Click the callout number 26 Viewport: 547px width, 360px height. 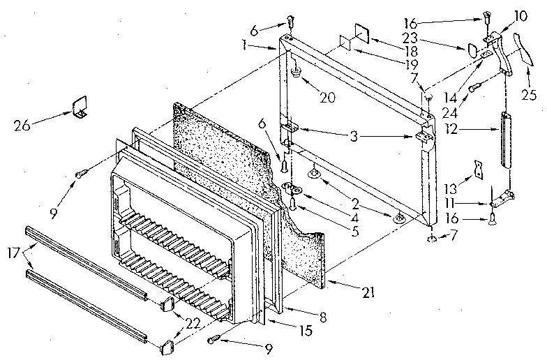[x=22, y=126]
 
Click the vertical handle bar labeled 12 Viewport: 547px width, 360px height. [x=504, y=140]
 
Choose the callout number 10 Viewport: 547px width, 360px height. [x=522, y=15]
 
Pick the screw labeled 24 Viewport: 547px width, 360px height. [x=476, y=87]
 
